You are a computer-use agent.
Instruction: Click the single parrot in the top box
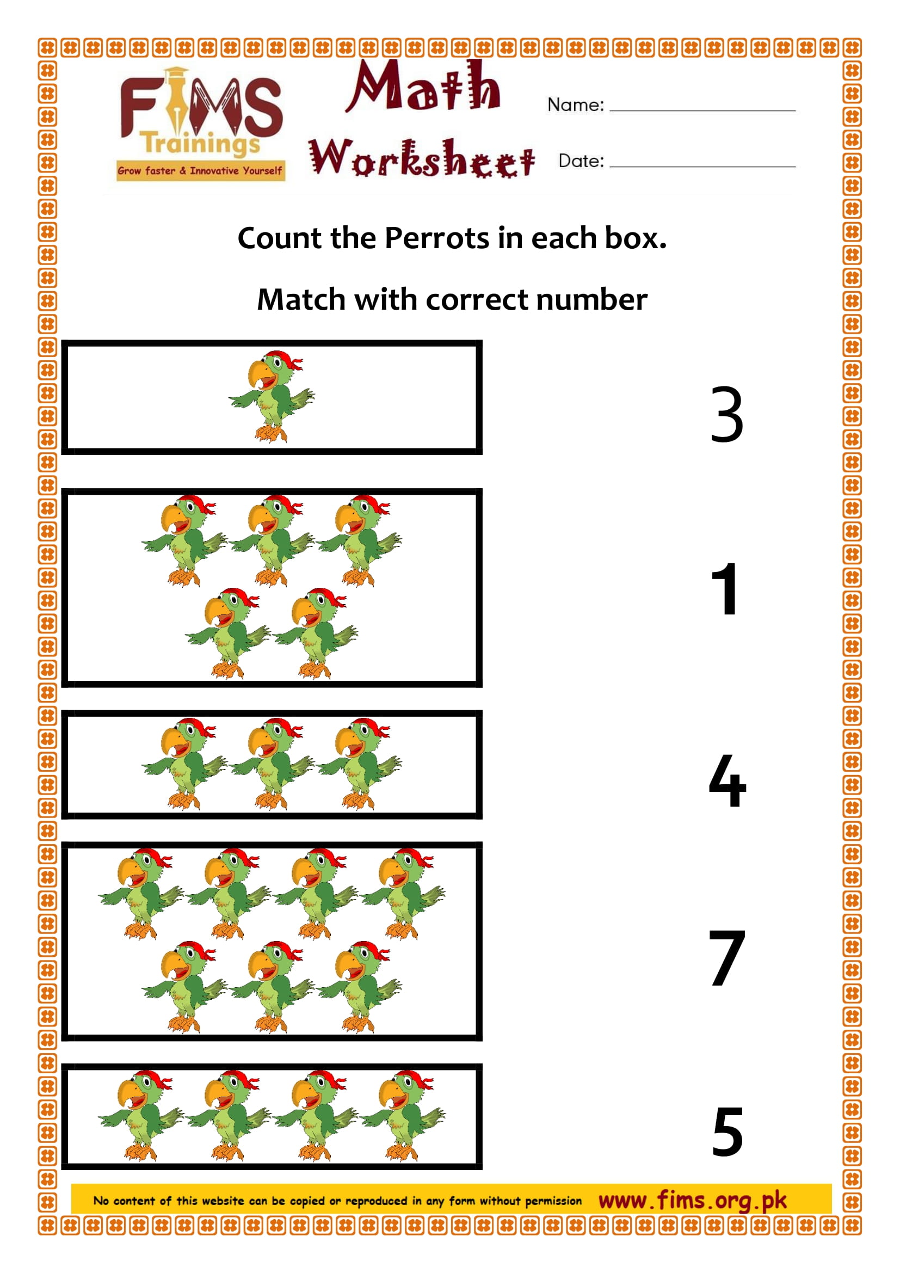click(x=272, y=396)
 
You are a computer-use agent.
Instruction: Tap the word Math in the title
click(x=424, y=88)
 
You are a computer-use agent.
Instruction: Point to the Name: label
click(x=575, y=105)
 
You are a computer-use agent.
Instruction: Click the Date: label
click(x=581, y=161)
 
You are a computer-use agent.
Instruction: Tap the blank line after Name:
click(x=702, y=110)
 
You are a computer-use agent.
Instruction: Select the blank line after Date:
click(x=702, y=165)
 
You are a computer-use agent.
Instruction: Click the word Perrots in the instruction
click(x=437, y=238)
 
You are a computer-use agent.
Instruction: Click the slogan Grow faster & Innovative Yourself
click(x=200, y=171)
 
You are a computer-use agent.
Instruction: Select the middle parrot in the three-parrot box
click(x=272, y=764)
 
